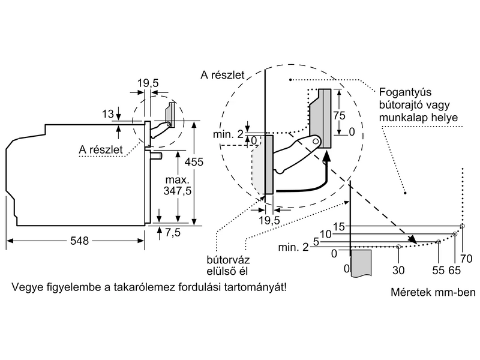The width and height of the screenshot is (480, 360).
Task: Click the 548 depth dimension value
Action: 79,241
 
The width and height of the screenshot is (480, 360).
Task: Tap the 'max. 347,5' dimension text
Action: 178,185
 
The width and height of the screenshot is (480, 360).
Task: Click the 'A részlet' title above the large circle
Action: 223,75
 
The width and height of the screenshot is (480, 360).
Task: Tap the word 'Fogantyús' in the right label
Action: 403,94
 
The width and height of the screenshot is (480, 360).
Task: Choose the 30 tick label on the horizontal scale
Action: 398,270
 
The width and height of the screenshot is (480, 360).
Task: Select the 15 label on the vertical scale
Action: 340,226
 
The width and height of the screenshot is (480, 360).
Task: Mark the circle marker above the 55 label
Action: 439,242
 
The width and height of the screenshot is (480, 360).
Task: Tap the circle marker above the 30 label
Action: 398,247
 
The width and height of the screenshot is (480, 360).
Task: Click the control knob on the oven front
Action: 157,156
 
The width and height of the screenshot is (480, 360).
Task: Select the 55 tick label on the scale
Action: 439,270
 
